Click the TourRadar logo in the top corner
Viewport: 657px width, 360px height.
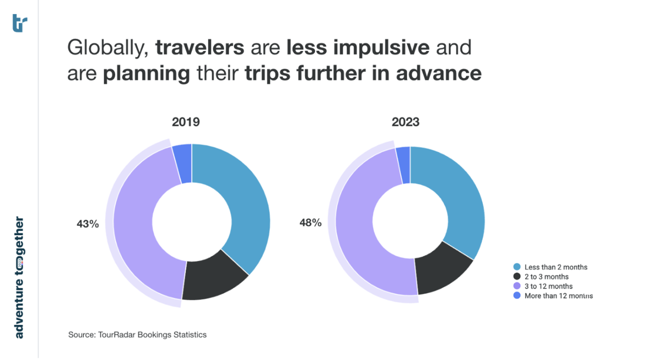point(19,23)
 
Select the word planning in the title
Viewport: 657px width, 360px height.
point(146,74)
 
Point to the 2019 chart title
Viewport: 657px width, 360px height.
point(185,122)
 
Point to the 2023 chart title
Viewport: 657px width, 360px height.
point(405,122)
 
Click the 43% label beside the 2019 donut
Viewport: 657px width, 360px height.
point(87,223)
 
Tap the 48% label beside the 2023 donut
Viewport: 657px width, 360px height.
point(310,223)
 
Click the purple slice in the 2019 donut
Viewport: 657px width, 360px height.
point(138,235)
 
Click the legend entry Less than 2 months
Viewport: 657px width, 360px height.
point(556,267)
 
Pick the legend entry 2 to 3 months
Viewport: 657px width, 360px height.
point(546,277)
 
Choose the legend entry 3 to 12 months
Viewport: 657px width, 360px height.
point(548,286)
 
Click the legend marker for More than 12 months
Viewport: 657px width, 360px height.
point(517,296)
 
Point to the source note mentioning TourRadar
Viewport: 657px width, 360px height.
point(137,335)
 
